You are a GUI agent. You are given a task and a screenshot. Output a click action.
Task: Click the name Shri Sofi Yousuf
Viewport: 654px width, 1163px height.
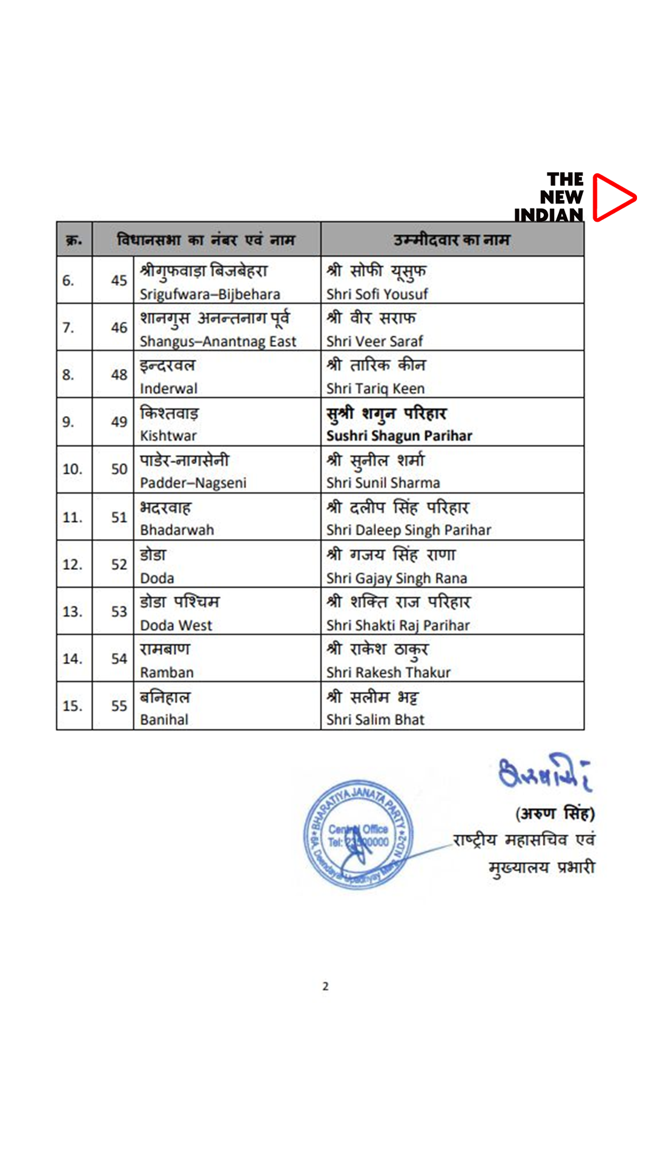coord(377,294)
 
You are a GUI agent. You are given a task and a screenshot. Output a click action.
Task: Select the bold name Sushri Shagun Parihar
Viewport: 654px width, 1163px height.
coord(399,436)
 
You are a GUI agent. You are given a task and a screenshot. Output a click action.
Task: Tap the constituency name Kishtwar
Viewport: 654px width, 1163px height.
coord(168,436)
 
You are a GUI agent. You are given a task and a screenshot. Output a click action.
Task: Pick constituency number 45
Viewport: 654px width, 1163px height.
coord(119,280)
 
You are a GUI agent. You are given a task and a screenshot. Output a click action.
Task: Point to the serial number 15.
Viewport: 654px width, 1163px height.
coord(72,706)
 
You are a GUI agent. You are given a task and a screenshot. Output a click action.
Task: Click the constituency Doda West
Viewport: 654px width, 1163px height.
coord(176,626)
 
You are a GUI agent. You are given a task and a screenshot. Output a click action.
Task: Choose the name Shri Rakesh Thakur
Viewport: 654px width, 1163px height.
coord(388,673)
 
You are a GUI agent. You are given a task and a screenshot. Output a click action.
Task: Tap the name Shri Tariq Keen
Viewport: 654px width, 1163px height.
coord(375,389)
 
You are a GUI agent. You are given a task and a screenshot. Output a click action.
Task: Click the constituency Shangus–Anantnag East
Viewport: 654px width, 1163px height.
coord(218,342)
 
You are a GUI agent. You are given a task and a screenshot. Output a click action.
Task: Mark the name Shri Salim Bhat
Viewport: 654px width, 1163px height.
coord(375,720)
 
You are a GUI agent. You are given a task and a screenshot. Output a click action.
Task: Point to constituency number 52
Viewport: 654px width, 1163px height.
coord(119,565)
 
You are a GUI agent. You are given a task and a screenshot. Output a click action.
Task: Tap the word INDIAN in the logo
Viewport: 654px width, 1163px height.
coord(549,215)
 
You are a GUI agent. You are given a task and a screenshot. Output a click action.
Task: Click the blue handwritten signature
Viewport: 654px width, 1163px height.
coord(544,772)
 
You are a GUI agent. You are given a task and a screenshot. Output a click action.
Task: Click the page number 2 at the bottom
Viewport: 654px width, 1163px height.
coord(326,986)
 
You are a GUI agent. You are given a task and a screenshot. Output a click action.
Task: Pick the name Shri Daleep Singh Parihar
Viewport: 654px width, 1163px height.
coord(409,531)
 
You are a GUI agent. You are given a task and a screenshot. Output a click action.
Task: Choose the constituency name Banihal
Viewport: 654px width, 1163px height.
coord(164,720)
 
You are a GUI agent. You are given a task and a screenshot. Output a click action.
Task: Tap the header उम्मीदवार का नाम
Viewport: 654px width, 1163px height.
coord(452,240)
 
